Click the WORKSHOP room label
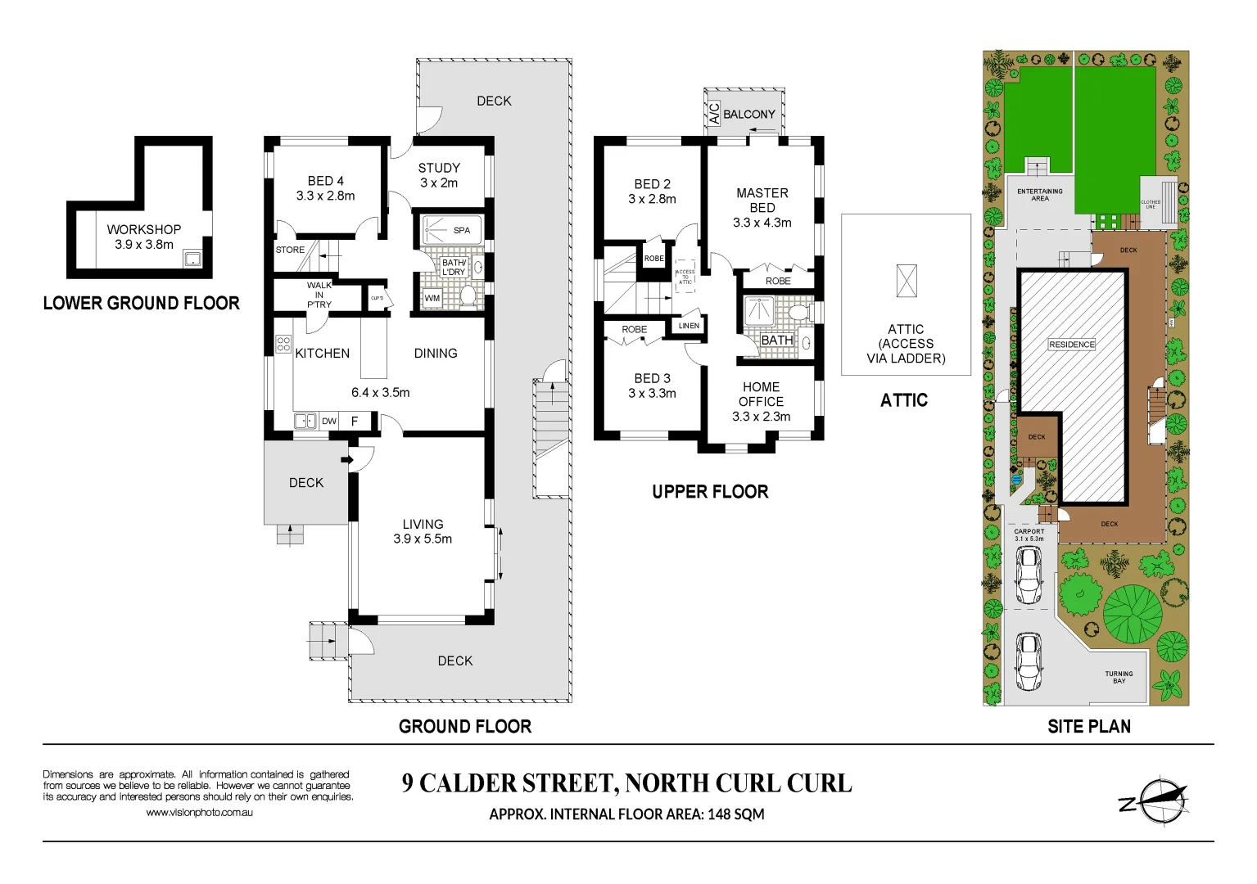coord(144,230)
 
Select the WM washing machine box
coord(432,299)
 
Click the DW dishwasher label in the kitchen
coord(329,422)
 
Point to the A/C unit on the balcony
coord(713,113)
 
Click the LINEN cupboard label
coord(689,326)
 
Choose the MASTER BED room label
coord(762,201)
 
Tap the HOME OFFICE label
coord(761,395)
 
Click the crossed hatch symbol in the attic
coord(907,281)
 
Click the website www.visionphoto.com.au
coord(199,813)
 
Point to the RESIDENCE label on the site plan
coord(1071,345)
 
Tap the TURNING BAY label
coord(1119,678)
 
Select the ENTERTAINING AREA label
coord(1039,195)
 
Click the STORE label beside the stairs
coord(290,250)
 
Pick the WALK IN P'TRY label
coord(319,295)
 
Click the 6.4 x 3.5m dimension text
coord(380,393)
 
